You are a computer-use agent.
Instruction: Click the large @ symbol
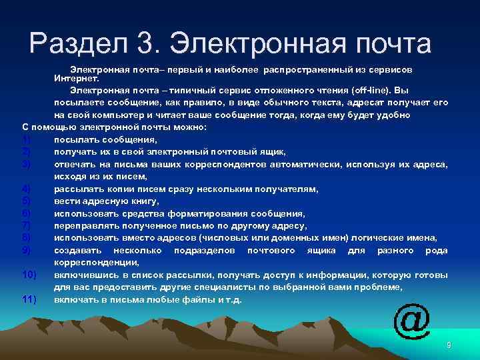pyautogui.click(x=411, y=321)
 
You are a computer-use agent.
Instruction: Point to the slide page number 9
pyautogui.click(x=449, y=345)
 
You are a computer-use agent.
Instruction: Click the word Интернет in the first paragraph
pyautogui.click(x=74, y=79)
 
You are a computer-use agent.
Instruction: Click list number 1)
pyautogui.click(x=27, y=140)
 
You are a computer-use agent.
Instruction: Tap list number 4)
pyautogui.click(x=27, y=189)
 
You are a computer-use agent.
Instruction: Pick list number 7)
pyautogui.click(x=27, y=226)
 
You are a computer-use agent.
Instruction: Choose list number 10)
pyautogui.click(x=29, y=275)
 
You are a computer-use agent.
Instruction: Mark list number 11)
pyautogui.click(x=29, y=299)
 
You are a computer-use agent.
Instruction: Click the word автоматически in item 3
pyautogui.click(x=301, y=165)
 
